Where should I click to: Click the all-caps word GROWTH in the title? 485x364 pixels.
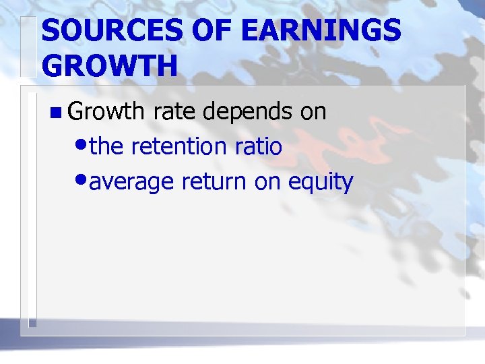pyautogui.click(x=110, y=66)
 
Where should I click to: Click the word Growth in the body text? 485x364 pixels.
pyautogui.click(x=108, y=111)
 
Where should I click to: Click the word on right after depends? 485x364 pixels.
pyautogui.click(x=313, y=112)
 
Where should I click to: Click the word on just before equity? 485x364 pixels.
pyautogui.click(x=268, y=182)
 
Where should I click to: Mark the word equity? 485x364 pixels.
pyautogui.click(x=321, y=182)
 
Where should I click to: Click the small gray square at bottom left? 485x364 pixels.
pyautogui.click(x=32, y=323)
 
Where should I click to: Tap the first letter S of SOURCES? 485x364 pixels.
pyautogui.click(x=51, y=31)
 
